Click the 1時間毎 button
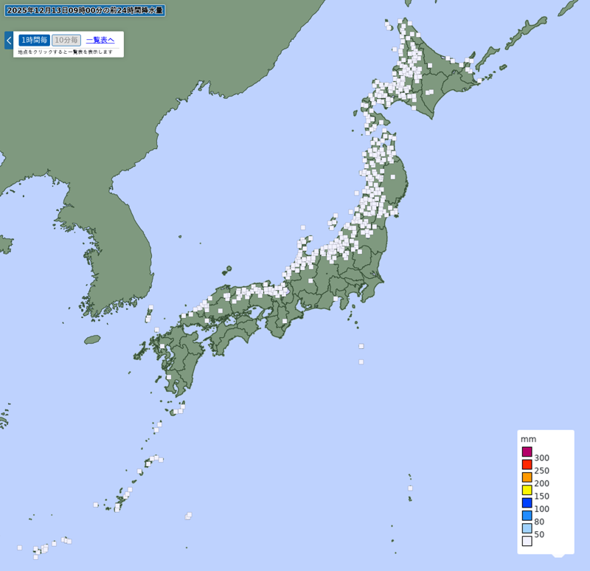pyautogui.click(x=34, y=40)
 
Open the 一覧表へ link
pyautogui.click(x=100, y=40)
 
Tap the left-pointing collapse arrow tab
pyautogui.click(x=8, y=40)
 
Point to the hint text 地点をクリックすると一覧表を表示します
pyautogui.click(x=66, y=52)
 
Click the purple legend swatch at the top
pyautogui.click(x=527, y=451)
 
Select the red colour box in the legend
pyautogui.click(x=527, y=465)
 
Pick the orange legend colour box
pyautogui.click(x=527, y=477)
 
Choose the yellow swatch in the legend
pyautogui.click(x=527, y=490)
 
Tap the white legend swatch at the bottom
pyautogui.click(x=527, y=541)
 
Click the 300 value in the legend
pyautogui.click(x=542, y=458)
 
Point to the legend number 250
pyautogui.click(x=542, y=471)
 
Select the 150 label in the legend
pyautogui.click(x=542, y=496)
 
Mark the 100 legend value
pyautogui.click(x=542, y=509)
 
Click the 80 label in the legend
pyautogui.click(x=539, y=522)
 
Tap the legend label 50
pyautogui.click(x=539, y=534)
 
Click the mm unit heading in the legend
pyautogui.click(x=528, y=439)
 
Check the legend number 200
pyautogui.click(x=542, y=483)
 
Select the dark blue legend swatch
pyautogui.click(x=527, y=502)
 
